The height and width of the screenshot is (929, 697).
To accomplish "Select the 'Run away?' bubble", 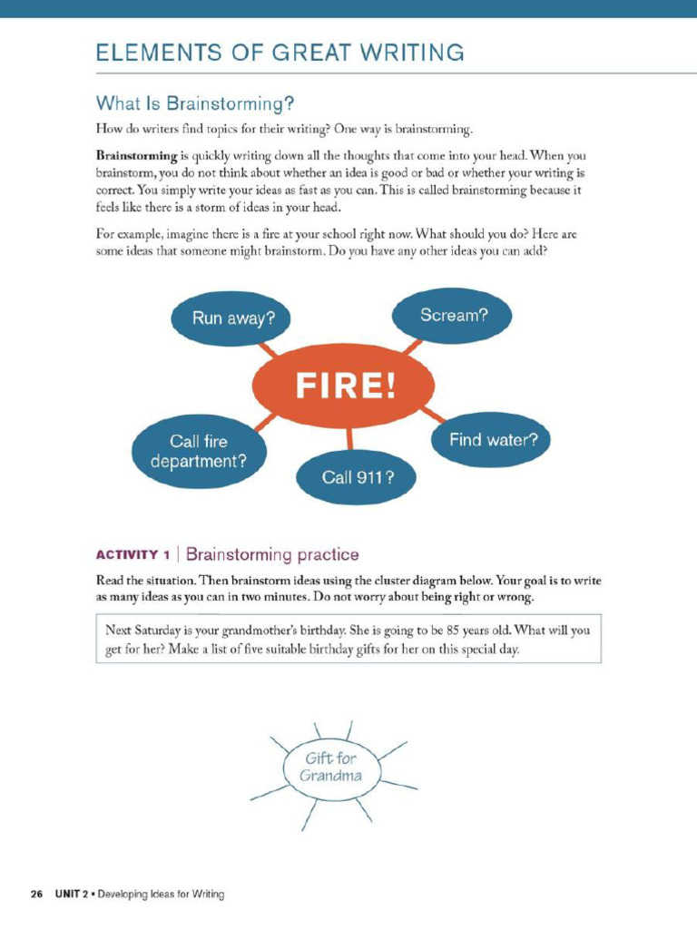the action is coord(233,318).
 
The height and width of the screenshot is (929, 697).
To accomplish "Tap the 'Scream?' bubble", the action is coord(453,316).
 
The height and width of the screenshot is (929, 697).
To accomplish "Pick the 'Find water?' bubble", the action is coord(493,441).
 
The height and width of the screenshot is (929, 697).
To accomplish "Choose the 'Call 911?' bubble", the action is coord(357,474).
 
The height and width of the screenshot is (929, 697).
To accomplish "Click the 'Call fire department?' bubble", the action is coord(199,451).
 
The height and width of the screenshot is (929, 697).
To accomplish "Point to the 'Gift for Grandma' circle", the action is coord(331,767).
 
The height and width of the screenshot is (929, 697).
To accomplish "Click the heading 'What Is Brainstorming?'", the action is coord(195,102).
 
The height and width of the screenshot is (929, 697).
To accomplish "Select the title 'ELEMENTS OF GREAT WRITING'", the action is coord(280,53).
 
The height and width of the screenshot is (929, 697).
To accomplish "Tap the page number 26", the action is coord(36,895).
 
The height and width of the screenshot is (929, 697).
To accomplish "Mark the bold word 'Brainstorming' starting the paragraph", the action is coord(136,155).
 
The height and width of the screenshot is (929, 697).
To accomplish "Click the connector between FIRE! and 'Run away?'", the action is coord(269,350).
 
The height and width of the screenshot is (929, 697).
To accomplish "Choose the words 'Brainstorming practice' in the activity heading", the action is coord(272,554).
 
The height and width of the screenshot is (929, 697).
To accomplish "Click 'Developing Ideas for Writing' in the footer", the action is coord(161,895).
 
